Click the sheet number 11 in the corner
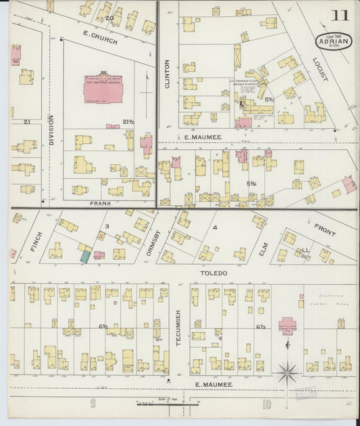[340, 15]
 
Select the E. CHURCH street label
[100, 40]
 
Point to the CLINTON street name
[167, 75]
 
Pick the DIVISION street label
[51, 130]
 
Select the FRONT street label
[325, 229]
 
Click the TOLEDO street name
[213, 273]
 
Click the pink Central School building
[103, 90]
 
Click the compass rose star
[288, 371]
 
